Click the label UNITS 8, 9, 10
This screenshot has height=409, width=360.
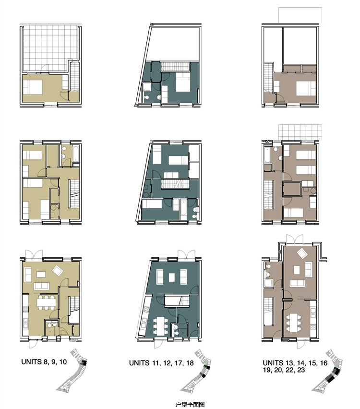click(x=44, y=362)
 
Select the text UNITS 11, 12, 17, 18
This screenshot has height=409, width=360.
click(x=161, y=363)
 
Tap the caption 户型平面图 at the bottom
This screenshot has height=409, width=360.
click(x=190, y=405)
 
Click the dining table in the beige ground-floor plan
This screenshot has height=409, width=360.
click(x=46, y=302)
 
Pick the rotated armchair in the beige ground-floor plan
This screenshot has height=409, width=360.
click(x=58, y=270)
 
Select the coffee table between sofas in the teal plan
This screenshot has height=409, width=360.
click(x=172, y=277)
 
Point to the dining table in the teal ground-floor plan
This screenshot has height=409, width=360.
click(x=160, y=325)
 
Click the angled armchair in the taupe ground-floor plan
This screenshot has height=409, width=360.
click(x=302, y=253)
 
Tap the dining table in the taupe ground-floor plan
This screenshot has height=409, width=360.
click(x=294, y=323)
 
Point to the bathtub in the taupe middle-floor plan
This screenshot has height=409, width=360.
click(x=268, y=156)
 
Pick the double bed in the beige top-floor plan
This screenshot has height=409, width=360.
click(x=33, y=87)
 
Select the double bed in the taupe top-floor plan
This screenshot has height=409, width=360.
click(x=306, y=88)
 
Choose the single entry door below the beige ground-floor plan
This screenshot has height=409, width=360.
click(x=33, y=344)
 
